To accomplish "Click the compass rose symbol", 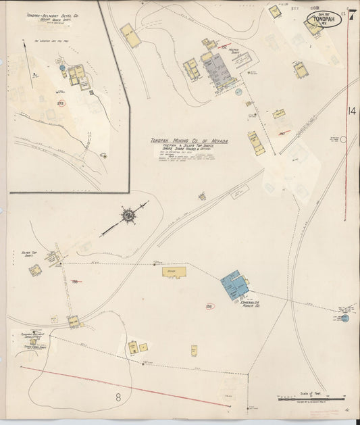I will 127,216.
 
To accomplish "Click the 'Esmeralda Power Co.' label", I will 251,304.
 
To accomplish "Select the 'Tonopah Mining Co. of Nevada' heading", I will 189,141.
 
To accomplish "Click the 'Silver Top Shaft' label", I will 28,255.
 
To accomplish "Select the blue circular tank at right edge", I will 344,317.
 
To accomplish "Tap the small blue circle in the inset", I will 61,68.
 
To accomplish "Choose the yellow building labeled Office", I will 174,272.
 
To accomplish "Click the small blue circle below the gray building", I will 238,91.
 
